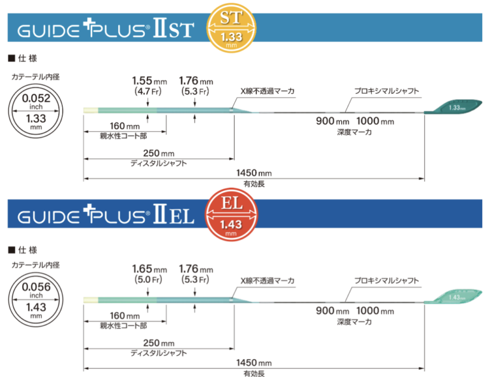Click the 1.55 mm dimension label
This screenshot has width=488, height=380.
pyautogui.click(x=147, y=81)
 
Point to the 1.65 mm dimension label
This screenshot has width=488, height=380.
pyautogui.click(x=147, y=268)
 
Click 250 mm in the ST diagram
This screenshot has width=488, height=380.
pyautogui.click(x=158, y=153)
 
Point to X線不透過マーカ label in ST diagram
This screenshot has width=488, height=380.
pyautogui.click(x=267, y=91)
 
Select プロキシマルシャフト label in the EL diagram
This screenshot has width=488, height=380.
pyautogui.click(x=387, y=279)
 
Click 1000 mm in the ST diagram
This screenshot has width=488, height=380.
pyautogui.click(x=376, y=122)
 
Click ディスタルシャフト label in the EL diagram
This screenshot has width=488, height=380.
pyautogui.click(x=158, y=351)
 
